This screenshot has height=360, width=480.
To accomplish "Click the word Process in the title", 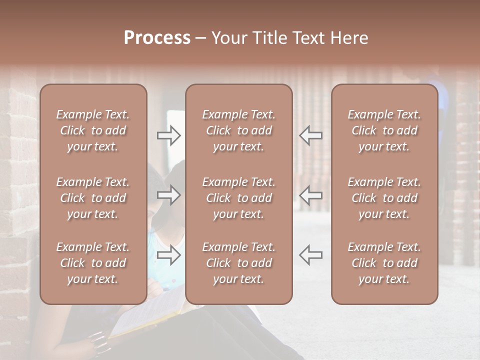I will (157, 38).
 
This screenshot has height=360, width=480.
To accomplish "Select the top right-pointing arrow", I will (169, 135).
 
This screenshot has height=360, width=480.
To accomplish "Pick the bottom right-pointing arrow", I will (169, 255).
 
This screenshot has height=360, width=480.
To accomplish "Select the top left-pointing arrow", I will (310, 135).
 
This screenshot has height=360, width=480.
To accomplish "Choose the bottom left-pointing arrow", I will (310, 255).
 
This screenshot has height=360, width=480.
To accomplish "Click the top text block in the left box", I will (93, 130).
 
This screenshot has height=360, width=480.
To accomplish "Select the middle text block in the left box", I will (93, 198).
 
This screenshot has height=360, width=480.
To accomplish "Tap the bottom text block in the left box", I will (93, 263).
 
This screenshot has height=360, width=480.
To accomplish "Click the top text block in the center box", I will (238, 130).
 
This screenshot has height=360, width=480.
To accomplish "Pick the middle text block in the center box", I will (238, 198).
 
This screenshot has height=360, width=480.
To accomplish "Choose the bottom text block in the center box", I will (238, 263).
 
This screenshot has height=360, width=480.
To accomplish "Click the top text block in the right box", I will (384, 130).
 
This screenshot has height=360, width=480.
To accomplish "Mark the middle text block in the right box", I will (384, 198).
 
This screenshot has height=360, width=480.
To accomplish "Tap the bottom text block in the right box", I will (384, 263).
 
